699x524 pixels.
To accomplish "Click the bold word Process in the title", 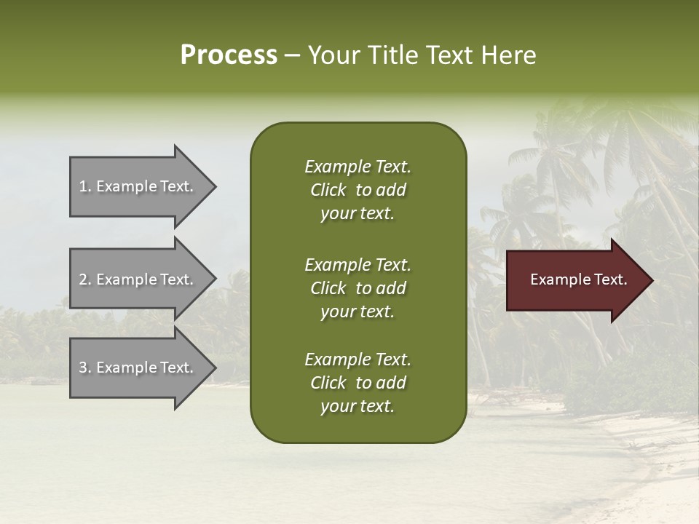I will (229, 55).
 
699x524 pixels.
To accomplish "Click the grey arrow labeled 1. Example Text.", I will (138, 186).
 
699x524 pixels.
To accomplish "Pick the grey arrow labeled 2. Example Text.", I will (138, 279).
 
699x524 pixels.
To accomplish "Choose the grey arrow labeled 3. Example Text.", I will (138, 368).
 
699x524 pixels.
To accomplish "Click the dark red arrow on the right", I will (575, 280).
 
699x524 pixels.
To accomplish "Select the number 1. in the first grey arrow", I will (84, 186).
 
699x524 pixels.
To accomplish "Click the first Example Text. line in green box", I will (358, 167).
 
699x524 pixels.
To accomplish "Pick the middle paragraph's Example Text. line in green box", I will (358, 265).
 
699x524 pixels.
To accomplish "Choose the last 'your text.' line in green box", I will (357, 407).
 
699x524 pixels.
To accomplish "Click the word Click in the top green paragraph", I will (328, 190).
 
